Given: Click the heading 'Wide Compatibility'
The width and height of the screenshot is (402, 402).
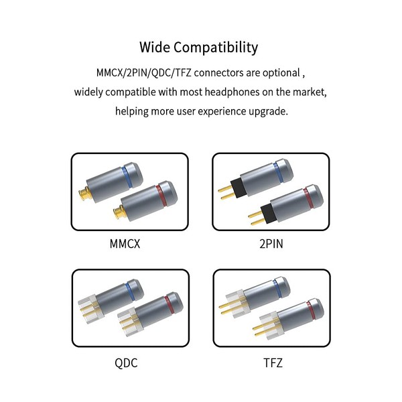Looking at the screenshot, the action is click(199, 48).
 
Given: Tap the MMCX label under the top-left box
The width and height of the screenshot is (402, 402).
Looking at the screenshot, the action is click(128, 243).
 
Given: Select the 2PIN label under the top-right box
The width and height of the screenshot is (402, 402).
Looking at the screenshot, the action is click(270, 243).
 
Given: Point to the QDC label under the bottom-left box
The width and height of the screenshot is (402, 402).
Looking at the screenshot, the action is click(127, 364).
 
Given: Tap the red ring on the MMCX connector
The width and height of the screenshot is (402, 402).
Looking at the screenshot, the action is click(159, 195).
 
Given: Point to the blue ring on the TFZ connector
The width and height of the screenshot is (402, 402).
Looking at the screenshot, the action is click(277, 289).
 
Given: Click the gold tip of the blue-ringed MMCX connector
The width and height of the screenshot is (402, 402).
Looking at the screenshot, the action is click(86, 196).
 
